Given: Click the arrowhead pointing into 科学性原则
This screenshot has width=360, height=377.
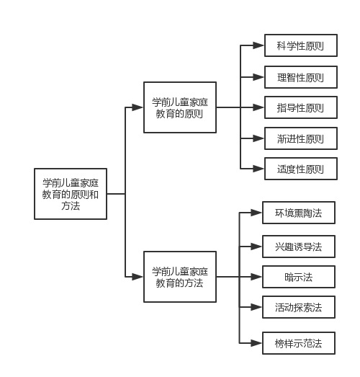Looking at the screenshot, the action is (x=258, y=45).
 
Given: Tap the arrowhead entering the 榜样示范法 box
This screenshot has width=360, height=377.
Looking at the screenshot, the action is (x=256, y=343).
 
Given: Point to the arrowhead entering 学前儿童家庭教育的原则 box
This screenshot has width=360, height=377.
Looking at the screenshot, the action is (x=138, y=107).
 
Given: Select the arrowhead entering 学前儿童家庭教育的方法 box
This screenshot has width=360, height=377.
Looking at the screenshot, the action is (x=138, y=277).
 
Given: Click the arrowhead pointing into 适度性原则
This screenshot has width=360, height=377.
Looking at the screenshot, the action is (x=258, y=169).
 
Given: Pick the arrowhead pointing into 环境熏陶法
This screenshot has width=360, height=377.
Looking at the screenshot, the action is (x=256, y=213).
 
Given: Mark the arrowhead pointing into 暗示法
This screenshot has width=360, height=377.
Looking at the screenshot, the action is (x=256, y=277).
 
